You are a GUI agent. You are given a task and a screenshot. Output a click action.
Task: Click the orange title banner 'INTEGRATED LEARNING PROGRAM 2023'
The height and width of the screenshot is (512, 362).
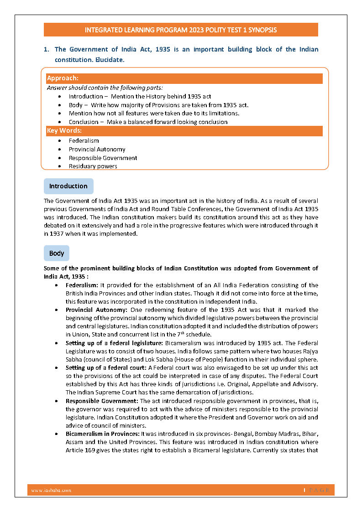(x=181, y=30)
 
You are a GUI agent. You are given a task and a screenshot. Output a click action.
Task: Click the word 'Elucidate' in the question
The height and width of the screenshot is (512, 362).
(x=109, y=60)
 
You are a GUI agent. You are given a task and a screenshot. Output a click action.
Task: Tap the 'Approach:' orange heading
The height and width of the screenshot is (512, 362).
(x=63, y=78)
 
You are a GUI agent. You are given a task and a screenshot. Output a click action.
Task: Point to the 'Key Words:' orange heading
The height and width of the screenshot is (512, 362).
(x=64, y=131)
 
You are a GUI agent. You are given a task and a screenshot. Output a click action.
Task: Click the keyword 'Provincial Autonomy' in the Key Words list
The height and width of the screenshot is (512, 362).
(x=97, y=149)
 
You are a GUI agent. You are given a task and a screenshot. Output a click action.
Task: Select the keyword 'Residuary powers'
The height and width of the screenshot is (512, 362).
(x=93, y=166)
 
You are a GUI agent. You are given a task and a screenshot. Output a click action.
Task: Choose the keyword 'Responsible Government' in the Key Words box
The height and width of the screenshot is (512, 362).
(x=103, y=158)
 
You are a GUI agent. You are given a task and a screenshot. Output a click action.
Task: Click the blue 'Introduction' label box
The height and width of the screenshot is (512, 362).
(x=68, y=186)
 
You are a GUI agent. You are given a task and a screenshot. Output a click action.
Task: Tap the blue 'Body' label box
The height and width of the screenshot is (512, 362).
(x=57, y=253)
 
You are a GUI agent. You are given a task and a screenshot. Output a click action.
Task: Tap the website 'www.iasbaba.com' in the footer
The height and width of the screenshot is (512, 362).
(x=51, y=490)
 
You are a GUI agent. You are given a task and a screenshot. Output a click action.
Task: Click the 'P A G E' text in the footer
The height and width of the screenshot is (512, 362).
(x=318, y=490)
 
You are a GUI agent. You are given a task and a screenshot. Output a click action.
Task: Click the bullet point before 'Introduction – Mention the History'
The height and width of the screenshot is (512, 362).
(x=62, y=97)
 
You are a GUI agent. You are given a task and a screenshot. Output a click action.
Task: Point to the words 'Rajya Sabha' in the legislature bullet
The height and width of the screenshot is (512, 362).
(x=308, y=351)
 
